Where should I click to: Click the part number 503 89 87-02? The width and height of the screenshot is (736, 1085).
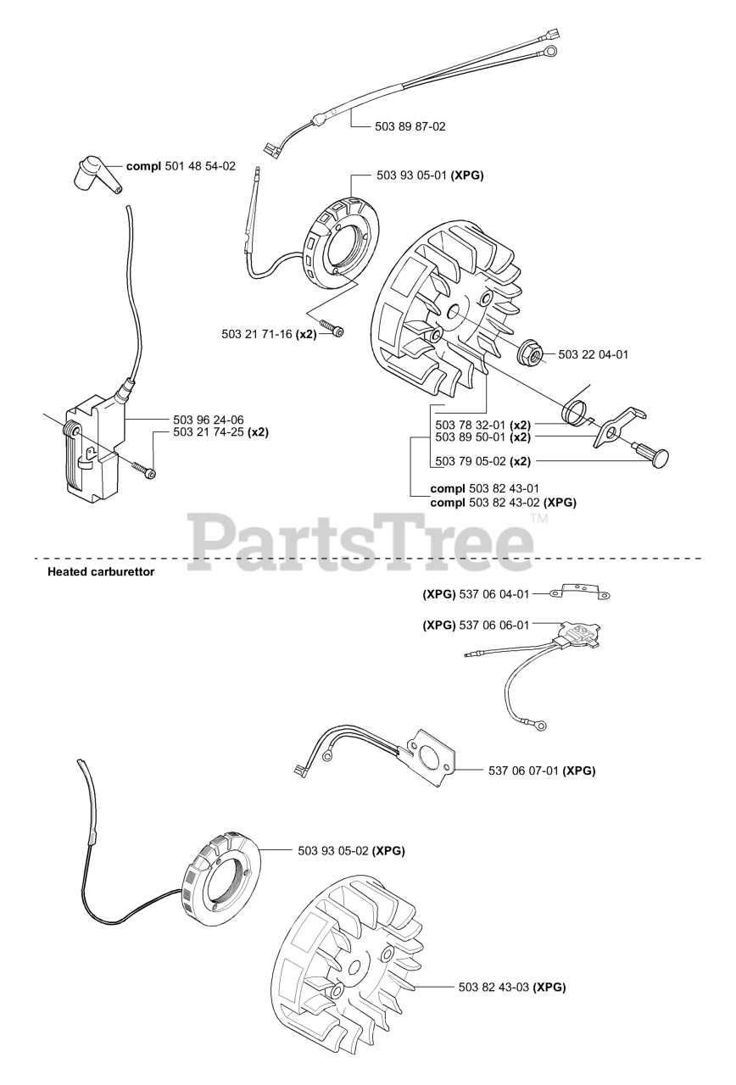(x=410, y=126)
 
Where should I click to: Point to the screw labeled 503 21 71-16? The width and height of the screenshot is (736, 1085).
(x=331, y=327)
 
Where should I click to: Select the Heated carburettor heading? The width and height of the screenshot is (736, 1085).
(x=101, y=571)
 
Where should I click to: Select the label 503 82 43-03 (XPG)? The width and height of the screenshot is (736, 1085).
(x=511, y=987)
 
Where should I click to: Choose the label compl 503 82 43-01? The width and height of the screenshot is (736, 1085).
(x=485, y=488)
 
